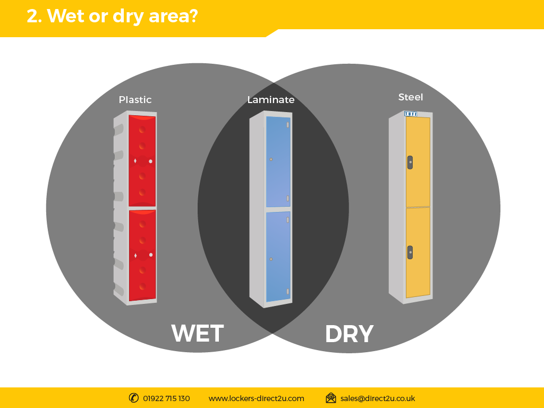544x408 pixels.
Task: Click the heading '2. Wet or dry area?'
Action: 113,16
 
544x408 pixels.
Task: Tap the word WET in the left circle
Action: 198,334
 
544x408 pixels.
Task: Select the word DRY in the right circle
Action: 349,334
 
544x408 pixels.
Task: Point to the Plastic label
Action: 135,100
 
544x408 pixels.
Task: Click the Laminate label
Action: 271,100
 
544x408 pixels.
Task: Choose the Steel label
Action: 411,97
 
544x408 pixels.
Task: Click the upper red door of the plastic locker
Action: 142,160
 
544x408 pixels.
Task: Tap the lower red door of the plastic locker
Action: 142,255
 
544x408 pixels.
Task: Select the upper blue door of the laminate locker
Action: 278,161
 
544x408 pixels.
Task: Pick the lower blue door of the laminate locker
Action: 278,257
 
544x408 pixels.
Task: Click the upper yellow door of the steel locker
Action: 418,162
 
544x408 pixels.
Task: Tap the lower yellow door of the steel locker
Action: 418,252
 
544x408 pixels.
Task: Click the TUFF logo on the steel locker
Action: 411,114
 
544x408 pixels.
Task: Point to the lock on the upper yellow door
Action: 410,163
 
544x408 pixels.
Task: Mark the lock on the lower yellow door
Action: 410,252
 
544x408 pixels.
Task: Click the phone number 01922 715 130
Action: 166,398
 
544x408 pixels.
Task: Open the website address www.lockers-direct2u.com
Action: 257,398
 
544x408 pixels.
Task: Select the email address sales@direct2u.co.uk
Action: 378,398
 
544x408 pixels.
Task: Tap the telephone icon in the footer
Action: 133,398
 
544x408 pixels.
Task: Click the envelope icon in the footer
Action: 331,398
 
